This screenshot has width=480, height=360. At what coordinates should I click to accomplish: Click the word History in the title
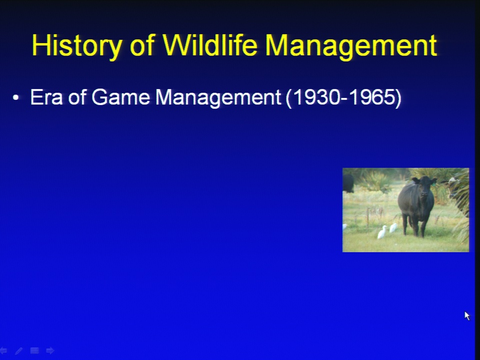(x=77, y=46)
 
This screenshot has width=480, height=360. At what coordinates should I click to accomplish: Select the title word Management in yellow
(x=351, y=46)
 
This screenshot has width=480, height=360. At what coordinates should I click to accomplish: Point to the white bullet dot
(x=16, y=98)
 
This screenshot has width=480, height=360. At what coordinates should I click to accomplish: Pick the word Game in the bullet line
(x=120, y=97)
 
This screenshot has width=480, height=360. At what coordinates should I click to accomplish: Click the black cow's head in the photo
(x=424, y=185)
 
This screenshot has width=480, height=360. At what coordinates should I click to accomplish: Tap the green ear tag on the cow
(x=434, y=183)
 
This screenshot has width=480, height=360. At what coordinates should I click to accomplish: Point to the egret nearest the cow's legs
(x=393, y=227)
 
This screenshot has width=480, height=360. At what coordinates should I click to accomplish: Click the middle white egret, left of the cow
(x=382, y=232)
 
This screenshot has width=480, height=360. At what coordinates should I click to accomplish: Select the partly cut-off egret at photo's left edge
(x=344, y=227)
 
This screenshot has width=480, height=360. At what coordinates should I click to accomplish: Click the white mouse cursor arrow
(x=467, y=315)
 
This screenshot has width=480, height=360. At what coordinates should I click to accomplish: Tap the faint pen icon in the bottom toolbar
(x=18, y=350)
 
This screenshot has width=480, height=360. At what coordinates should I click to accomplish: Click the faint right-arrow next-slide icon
(x=50, y=350)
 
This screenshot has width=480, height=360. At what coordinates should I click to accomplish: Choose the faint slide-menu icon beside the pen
(x=34, y=350)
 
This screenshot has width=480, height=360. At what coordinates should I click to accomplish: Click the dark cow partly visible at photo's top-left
(x=348, y=183)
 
